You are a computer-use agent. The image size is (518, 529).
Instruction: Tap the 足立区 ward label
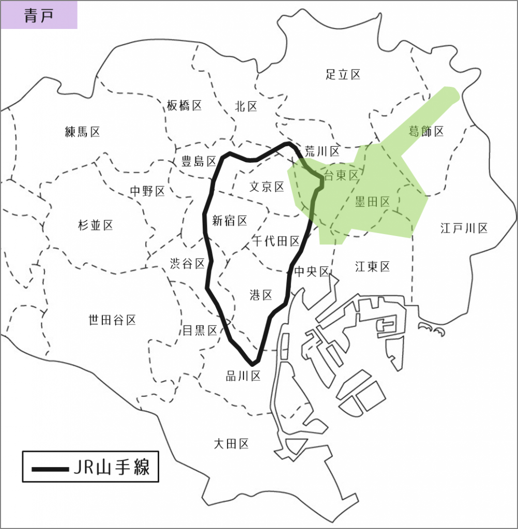343,74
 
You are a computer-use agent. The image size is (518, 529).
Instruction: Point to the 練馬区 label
83,132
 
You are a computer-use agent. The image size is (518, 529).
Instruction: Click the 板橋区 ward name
184,106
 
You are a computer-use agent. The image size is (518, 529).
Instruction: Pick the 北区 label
246,106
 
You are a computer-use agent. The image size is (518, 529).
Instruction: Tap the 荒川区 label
322,151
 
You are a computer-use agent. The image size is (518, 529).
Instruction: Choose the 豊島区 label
199,161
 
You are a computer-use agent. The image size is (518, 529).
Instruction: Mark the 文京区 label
267,186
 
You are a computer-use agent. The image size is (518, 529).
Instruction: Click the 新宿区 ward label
230,221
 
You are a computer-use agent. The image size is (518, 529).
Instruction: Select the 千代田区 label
277,241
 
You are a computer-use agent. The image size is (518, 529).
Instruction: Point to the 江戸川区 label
464,228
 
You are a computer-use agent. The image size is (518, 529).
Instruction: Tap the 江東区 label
372,267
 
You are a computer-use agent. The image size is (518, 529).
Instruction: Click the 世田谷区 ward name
113,320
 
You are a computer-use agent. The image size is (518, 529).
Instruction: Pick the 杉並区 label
96,225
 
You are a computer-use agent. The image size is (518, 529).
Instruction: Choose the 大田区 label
232,443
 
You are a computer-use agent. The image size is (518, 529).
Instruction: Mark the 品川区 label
243,376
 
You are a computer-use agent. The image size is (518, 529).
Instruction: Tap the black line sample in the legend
50,469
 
